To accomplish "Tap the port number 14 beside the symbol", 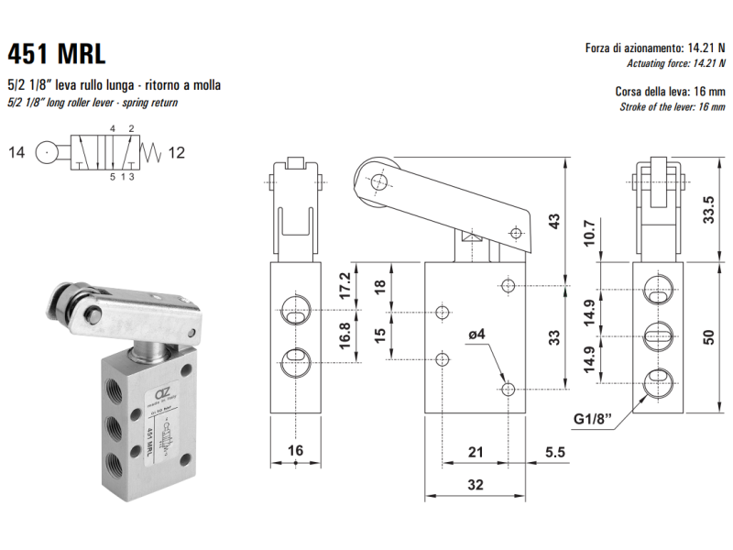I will (17, 152).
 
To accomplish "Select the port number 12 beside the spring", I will (177, 152).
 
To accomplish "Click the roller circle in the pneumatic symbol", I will (47, 152).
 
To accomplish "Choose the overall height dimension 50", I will (707, 335).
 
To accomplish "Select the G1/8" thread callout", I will (594, 421).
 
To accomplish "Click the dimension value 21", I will (476, 452).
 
